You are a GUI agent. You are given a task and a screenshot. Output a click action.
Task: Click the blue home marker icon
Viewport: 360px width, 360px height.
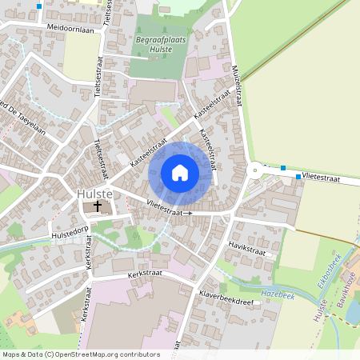tap(180, 173)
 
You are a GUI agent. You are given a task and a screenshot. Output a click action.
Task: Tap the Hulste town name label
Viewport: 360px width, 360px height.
tap(94, 194)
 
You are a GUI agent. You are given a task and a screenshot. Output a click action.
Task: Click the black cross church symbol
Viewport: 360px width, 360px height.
tap(98, 206)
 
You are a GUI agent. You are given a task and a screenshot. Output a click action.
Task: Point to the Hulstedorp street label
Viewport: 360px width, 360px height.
tap(68, 235)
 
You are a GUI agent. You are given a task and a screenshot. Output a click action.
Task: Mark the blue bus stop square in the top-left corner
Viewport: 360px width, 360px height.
tap(39, 6)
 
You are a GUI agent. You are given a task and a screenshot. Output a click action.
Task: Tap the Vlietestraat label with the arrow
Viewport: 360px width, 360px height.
tap(170, 209)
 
